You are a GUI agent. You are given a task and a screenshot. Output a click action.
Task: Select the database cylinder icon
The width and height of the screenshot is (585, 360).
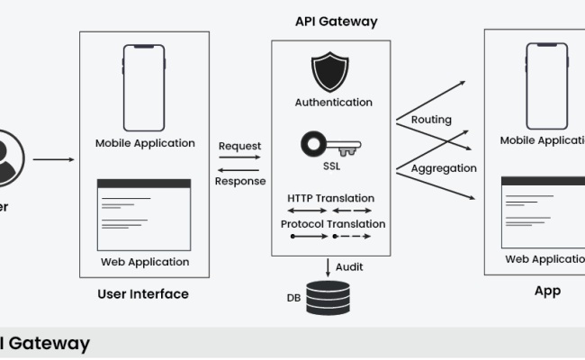[x=330, y=296]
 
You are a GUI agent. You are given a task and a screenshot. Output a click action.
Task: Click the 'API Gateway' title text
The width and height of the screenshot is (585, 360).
[x=337, y=21]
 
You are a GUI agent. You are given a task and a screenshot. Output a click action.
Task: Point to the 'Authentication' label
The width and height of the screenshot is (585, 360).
[x=333, y=103]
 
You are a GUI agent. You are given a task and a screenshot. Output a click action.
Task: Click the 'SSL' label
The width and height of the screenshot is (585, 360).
[x=331, y=166]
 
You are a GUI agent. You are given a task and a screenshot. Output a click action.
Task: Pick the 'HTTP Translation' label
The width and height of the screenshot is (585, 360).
[x=331, y=198]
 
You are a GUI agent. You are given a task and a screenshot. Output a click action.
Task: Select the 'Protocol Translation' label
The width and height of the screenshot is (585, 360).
[x=333, y=224]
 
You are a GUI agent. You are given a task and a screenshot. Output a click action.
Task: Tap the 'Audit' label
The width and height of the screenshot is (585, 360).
[x=349, y=266]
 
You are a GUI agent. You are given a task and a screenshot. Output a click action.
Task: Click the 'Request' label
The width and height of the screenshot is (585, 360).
[x=239, y=146]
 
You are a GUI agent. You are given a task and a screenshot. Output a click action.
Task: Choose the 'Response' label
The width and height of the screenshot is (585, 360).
[x=239, y=180]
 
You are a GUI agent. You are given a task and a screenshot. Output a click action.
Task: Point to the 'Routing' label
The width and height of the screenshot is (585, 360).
[x=431, y=120]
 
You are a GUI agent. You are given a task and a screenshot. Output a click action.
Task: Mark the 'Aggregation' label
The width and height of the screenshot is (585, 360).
[x=444, y=168]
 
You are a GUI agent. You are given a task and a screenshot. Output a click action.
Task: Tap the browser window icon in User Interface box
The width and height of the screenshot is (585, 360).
[x=145, y=213]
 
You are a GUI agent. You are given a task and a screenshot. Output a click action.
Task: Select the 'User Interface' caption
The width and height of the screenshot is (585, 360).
[x=143, y=293]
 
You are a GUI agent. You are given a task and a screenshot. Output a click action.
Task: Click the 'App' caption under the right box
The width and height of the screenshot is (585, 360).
[x=547, y=291]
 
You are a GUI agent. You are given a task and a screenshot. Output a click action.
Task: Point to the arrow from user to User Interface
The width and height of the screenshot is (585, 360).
[x=54, y=160]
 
